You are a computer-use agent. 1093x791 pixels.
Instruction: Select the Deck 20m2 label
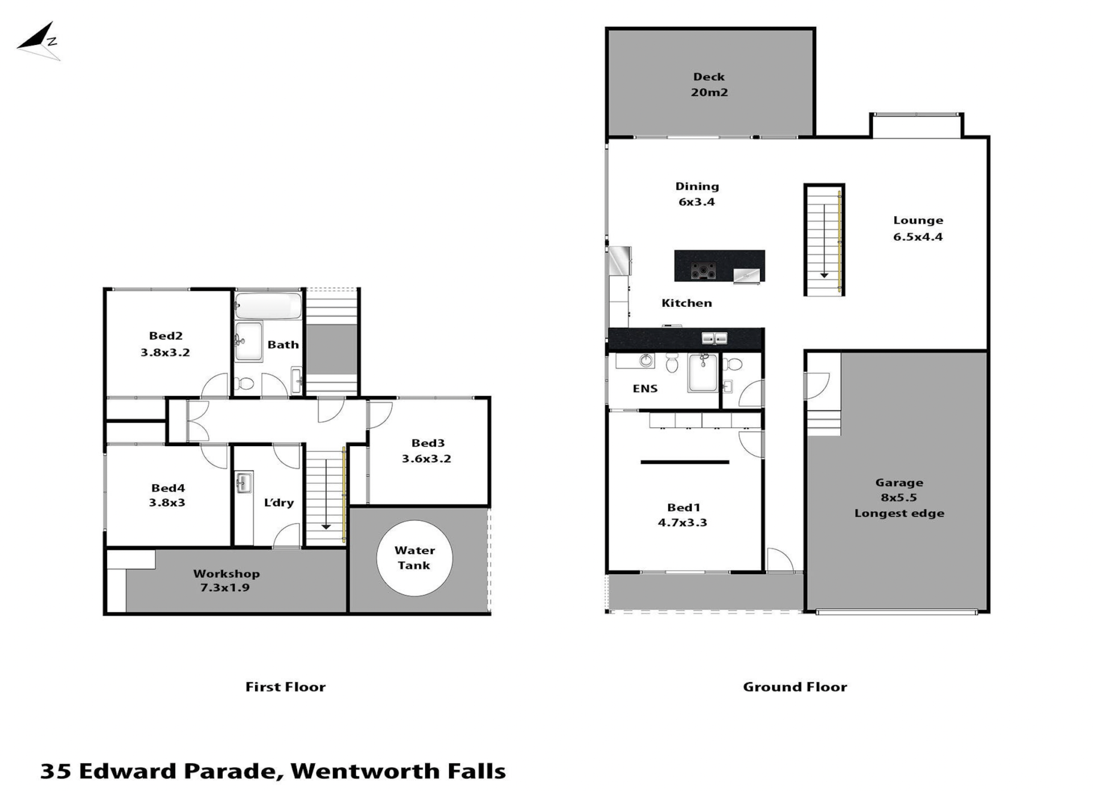point(709,84)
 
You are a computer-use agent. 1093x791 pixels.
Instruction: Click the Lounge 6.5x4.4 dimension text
point(918,237)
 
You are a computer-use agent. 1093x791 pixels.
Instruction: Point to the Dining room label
point(697,186)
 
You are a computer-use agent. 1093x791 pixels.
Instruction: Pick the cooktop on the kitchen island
point(704,271)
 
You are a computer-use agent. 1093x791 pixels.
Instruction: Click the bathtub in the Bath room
point(268,306)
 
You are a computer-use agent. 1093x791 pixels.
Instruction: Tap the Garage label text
point(899,483)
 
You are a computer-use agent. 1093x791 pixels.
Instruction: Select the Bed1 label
point(683,508)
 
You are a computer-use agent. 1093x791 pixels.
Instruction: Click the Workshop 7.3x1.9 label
point(226,580)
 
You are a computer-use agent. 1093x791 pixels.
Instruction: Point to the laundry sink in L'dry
point(244,483)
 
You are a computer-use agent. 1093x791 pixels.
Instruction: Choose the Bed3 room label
point(428,443)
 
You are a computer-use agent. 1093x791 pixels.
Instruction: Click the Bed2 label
point(166,336)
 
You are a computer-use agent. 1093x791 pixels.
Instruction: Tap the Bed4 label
point(168,488)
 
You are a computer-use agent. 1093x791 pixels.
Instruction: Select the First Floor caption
point(285,687)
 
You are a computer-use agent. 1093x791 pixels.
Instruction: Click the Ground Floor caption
point(795,687)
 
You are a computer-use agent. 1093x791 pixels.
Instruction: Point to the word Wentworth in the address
point(365,771)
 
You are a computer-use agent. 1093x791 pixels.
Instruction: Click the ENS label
point(645,389)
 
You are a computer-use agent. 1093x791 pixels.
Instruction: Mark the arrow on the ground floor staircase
point(824,241)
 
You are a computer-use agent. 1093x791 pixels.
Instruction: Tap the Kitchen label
point(687,303)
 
